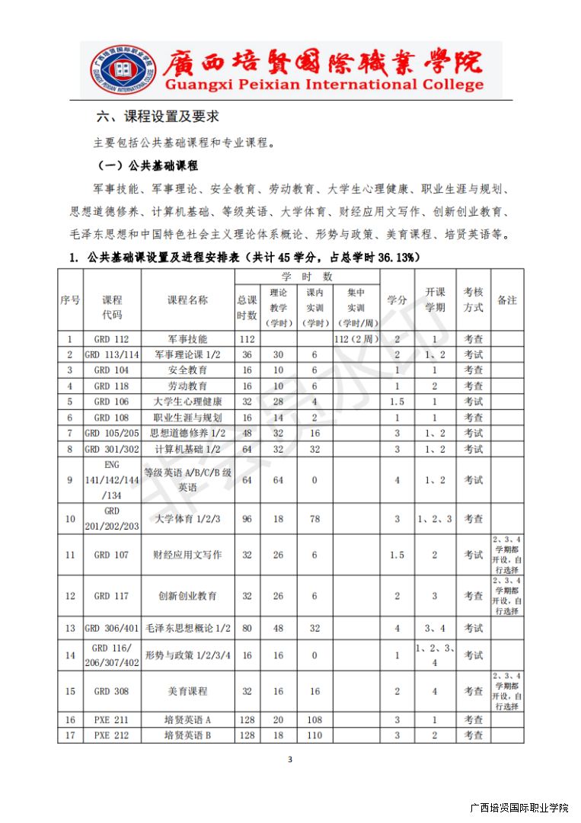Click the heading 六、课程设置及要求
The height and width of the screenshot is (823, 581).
pos(158,117)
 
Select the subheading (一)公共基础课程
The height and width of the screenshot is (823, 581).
pos(148,165)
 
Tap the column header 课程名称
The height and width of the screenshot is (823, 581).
pos(187,300)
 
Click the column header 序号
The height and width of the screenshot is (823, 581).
pos(70,300)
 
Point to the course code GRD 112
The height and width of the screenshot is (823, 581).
pos(111,339)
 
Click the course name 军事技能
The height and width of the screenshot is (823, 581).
pos(187,339)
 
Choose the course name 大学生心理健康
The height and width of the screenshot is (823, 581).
pos(187,402)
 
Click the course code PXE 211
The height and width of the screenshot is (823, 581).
pos(111,719)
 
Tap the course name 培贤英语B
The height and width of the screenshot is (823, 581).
pos(187,735)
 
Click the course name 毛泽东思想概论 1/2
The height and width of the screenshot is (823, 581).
pos(187,628)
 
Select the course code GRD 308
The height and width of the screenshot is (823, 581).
pos(111,691)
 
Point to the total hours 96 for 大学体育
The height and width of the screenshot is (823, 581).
pos(247,519)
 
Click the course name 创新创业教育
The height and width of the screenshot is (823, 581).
pos(187,596)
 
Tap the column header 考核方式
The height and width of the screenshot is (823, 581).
pos(473,300)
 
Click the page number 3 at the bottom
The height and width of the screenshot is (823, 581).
pos(290,759)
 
